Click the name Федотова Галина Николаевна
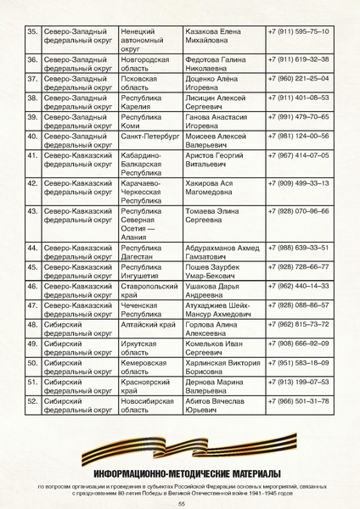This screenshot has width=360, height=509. (x=216, y=64)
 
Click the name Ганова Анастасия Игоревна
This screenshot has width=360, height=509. (x=216, y=122)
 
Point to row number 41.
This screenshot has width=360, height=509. (x=32, y=156)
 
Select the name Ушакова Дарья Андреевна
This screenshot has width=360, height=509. (x=215, y=291)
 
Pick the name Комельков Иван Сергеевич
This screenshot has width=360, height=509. (x=215, y=348)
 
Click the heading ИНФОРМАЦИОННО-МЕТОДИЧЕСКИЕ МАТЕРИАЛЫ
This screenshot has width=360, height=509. (x=180, y=473)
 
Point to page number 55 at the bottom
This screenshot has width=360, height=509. (x=181, y=502)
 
